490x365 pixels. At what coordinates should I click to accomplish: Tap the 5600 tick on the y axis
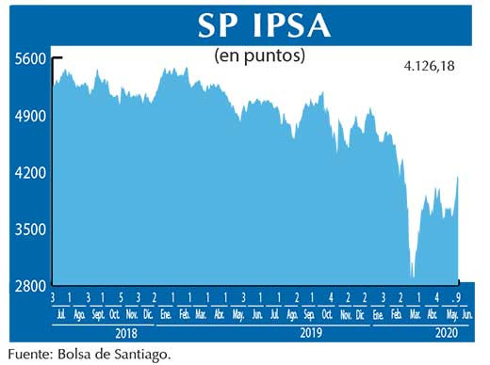pyautogui.click(x=30, y=58)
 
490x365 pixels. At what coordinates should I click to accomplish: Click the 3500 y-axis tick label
pyautogui.click(x=30, y=230)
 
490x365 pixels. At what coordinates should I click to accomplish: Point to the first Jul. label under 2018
pyautogui.click(x=62, y=313)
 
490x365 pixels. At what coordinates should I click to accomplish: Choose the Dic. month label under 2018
pyautogui.click(x=148, y=313)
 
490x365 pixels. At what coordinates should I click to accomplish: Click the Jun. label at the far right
pyautogui.click(x=466, y=313)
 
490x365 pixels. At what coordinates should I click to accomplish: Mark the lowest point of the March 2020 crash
pyautogui.click(x=412, y=277)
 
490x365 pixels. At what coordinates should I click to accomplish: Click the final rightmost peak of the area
pyautogui.click(x=458, y=176)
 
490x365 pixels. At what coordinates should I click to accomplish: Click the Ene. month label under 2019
pyautogui.click(x=167, y=313)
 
